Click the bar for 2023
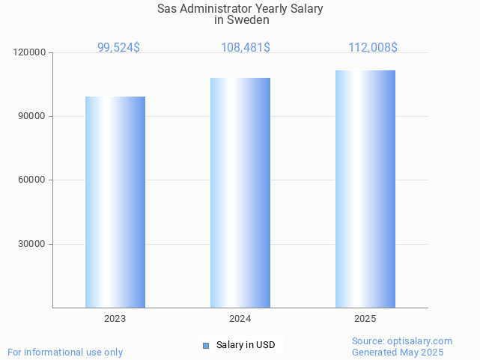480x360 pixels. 115,202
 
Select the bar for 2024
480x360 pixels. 240,192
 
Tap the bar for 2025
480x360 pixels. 365,189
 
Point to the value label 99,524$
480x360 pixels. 118,47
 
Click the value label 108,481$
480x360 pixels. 246,47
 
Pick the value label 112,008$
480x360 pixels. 372,47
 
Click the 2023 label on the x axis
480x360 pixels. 115,319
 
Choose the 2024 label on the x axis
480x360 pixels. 240,319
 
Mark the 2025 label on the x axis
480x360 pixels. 365,319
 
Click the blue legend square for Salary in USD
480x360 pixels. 206,345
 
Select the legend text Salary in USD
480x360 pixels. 246,345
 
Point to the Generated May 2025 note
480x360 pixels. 398,353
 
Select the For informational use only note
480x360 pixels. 65,352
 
